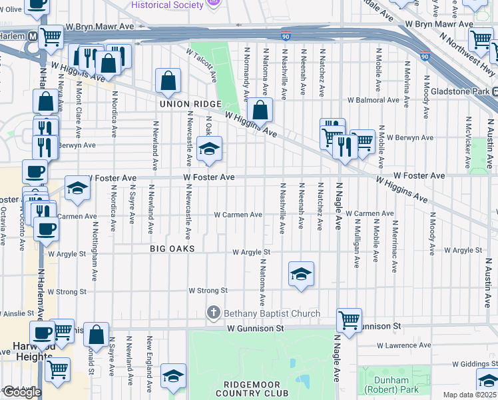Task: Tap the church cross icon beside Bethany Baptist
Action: click(214, 313)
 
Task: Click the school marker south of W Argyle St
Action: click(301, 273)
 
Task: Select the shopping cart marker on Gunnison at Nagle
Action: click(349, 321)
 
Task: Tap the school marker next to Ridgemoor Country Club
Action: click(173, 376)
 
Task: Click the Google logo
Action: click(22, 392)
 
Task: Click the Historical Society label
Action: click(167, 5)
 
